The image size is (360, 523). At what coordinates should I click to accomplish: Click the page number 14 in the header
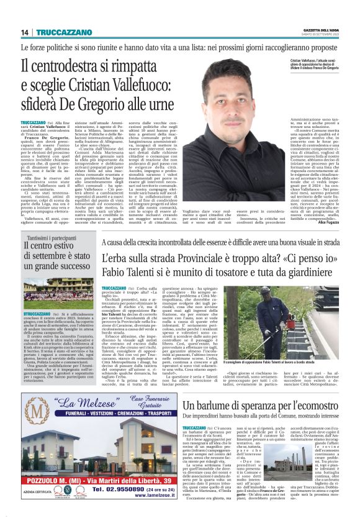[24, 32]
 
